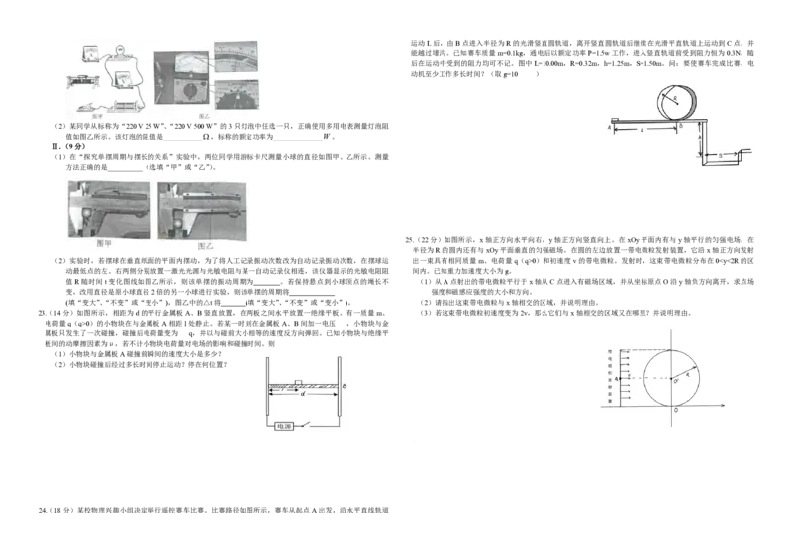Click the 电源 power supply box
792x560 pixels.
click(285, 425)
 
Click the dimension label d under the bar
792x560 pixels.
click(303, 397)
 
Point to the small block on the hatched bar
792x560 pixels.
click(299, 382)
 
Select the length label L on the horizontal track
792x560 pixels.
click(643, 131)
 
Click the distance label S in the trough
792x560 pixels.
click(721, 155)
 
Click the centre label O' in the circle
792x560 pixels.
click(677, 380)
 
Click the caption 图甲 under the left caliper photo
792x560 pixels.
click(103, 245)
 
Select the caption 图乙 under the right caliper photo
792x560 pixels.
click(205, 245)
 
